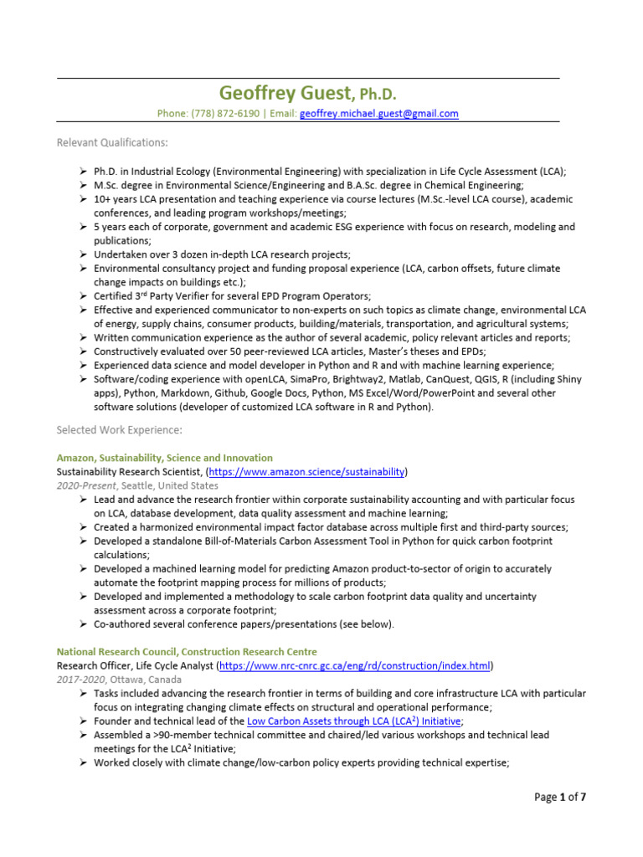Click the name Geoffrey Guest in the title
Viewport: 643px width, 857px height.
(x=278, y=92)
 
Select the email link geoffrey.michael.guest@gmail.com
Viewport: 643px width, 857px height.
(x=378, y=113)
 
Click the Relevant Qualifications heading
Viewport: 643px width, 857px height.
(x=111, y=142)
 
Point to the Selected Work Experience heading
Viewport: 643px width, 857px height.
(x=118, y=430)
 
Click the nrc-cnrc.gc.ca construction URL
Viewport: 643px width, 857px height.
(x=355, y=665)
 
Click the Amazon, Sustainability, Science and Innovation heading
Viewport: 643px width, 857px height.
(x=164, y=458)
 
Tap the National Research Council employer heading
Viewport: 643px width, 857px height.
(x=187, y=651)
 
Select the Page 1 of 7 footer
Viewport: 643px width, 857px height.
(x=560, y=797)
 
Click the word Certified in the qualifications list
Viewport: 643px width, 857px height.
(x=113, y=296)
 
